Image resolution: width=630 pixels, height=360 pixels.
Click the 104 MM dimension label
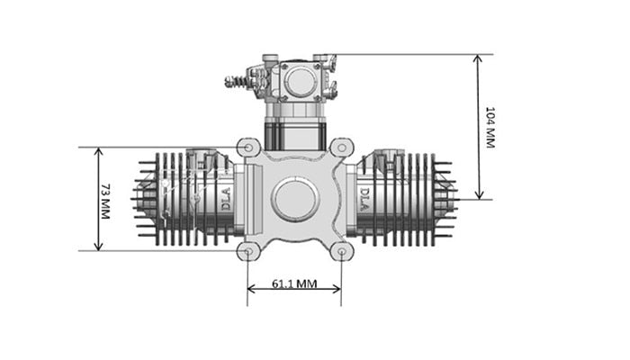490,128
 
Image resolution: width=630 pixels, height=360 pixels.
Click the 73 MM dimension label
105,202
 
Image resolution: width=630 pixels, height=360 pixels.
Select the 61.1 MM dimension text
294,283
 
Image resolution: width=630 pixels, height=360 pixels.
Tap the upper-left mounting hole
248,148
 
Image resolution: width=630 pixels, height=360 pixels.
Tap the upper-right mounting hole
341,148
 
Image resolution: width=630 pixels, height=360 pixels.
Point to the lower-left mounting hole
248,251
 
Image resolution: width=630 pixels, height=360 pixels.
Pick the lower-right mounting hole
341,251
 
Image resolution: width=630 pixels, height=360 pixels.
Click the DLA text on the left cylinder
226,199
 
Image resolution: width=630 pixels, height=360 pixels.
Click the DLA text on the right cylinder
364,199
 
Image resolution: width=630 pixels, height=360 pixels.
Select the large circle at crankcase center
295,199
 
